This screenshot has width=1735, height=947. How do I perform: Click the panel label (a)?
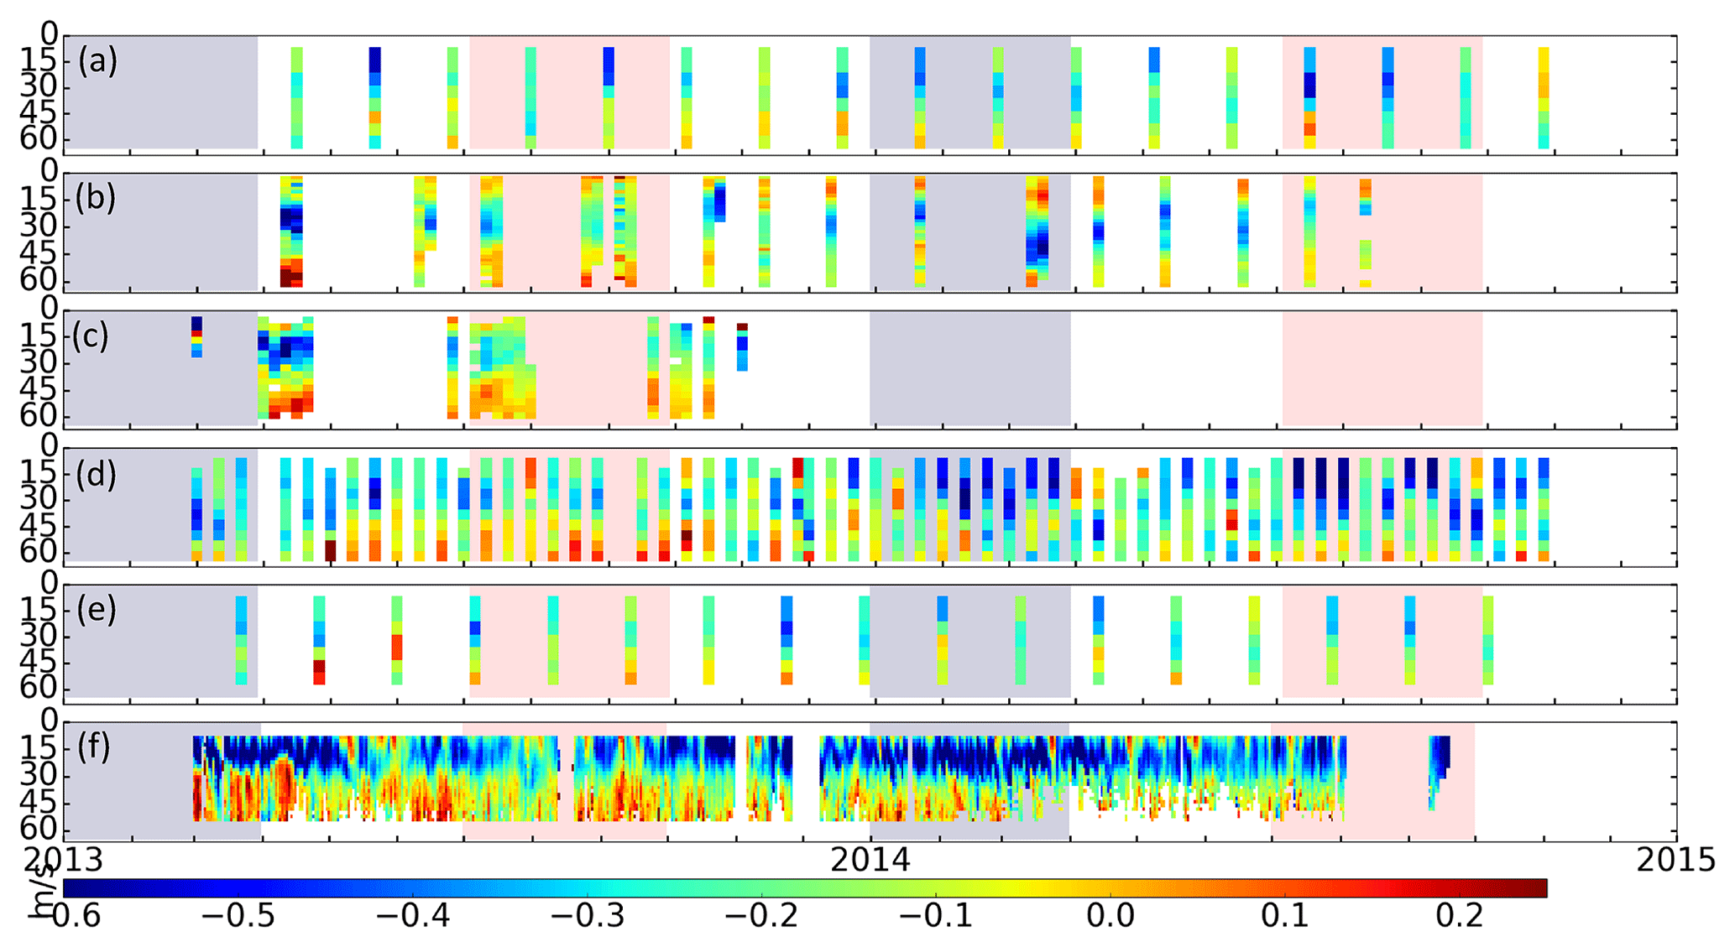pyautogui.click(x=97, y=61)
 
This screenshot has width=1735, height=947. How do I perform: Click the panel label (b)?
pyautogui.click(x=95, y=199)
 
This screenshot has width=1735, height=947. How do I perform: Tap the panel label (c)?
pyautogui.click(x=91, y=336)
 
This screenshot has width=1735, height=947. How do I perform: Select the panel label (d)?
pyautogui.click(x=96, y=475)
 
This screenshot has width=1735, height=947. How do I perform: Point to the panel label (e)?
pyautogui.click(x=96, y=610)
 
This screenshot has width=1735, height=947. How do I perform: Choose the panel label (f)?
pyautogui.click(x=94, y=746)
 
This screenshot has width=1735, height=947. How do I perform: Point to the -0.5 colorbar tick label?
pyautogui.click(x=238, y=916)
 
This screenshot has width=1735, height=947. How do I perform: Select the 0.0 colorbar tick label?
pyautogui.click(x=1111, y=916)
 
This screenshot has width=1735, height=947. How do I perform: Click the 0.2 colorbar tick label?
pyautogui.click(x=1460, y=916)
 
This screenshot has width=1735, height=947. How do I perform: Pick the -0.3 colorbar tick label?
pyautogui.click(x=588, y=916)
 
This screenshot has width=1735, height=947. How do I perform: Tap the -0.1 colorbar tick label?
pyautogui.click(x=936, y=916)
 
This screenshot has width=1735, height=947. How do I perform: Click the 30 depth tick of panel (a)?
pyautogui.click(x=39, y=86)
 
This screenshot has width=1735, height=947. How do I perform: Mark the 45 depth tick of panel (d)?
pyautogui.click(x=39, y=527)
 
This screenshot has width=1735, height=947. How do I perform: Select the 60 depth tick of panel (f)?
pyautogui.click(x=39, y=829)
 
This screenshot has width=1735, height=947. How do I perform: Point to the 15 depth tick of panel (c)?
pyautogui.click(x=39, y=337)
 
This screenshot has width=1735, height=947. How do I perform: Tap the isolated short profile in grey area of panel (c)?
pyautogui.click(x=196, y=336)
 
